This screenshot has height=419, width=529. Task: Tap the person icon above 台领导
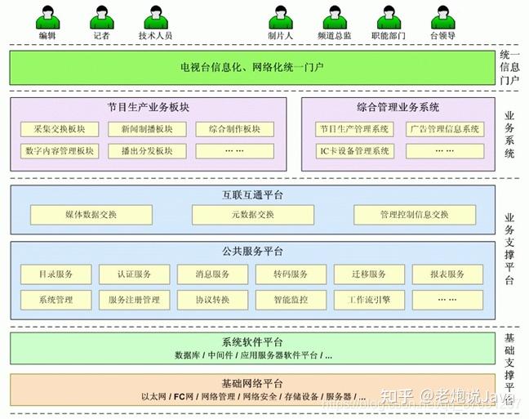click(x=442, y=19)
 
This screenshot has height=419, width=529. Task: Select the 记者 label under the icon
click(x=101, y=36)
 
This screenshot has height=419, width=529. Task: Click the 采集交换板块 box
click(x=60, y=129)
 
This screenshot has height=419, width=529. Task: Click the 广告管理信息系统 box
click(x=444, y=129)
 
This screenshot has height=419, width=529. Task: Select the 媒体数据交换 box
click(x=91, y=215)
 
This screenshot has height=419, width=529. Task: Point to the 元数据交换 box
click(x=252, y=215)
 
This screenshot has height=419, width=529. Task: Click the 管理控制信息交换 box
click(x=414, y=215)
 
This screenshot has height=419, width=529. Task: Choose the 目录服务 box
click(x=56, y=274)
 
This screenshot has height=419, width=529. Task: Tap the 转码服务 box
click(x=291, y=274)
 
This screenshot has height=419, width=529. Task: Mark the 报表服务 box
click(x=448, y=274)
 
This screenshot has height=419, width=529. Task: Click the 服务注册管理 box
click(x=135, y=300)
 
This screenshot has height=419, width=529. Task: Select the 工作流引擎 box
click(x=370, y=300)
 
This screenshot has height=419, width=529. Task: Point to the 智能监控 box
click(x=291, y=300)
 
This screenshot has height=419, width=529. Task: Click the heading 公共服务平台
click(x=252, y=252)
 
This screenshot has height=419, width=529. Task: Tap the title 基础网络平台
click(x=252, y=384)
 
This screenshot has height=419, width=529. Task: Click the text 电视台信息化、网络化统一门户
click(x=252, y=66)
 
